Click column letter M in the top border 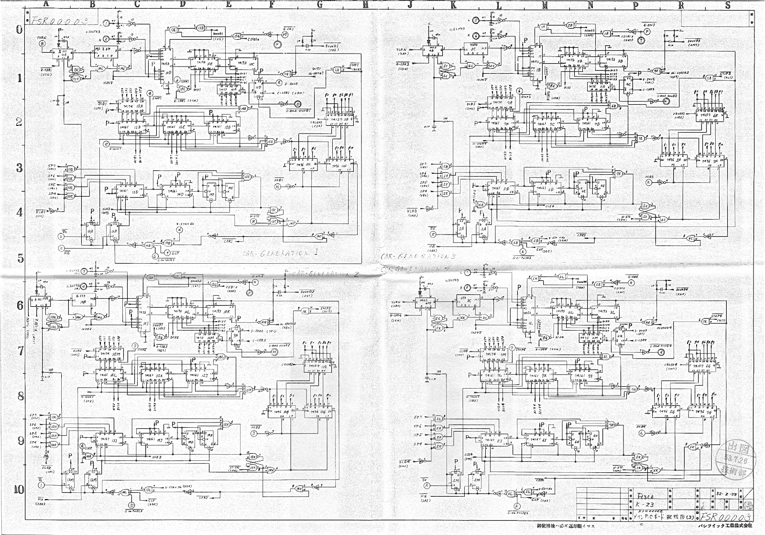pos(545,5)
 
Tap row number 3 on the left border pos(19,167)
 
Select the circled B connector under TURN pos(42,43)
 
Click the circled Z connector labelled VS pos(433,234)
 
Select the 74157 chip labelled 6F pos(710,115)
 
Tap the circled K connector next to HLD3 pos(648,182)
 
